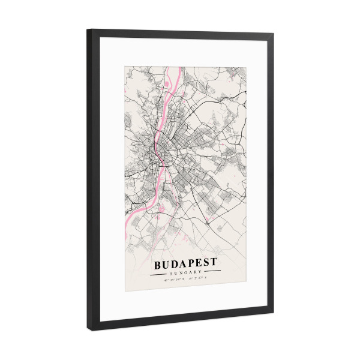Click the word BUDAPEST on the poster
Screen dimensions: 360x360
point(186,263)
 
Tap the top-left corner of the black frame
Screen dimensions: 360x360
point(88,29)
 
